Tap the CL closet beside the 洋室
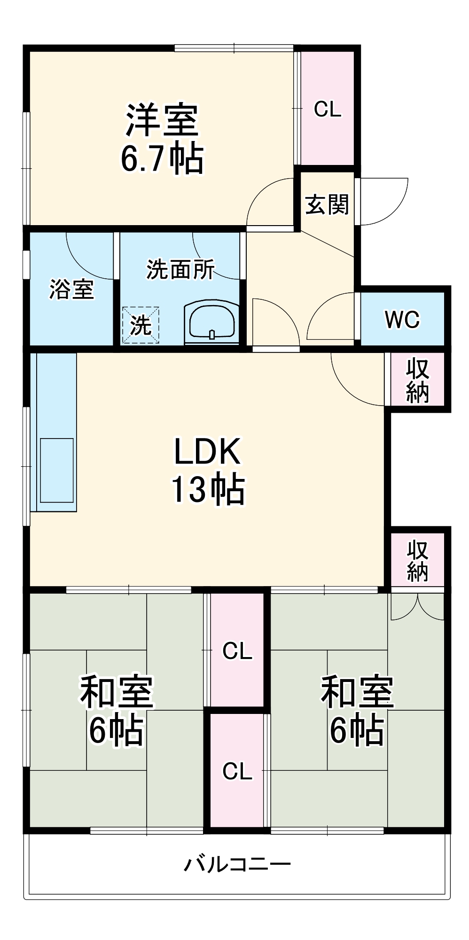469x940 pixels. (328, 109)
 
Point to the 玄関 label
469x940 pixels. (327, 204)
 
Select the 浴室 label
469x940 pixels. (71, 289)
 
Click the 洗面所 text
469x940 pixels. (180, 269)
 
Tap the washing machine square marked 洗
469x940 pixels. (141, 325)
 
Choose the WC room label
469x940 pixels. (402, 320)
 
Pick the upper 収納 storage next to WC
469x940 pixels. (417, 380)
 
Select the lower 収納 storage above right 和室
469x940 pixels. (417, 560)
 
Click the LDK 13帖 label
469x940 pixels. (207, 470)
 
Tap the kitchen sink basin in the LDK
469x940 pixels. (57, 470)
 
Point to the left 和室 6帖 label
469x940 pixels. (117, 711)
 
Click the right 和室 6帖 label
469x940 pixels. (357, 711)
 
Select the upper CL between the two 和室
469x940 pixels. (237, 651)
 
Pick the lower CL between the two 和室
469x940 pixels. (237, 771)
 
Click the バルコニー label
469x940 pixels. (237, 864)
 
